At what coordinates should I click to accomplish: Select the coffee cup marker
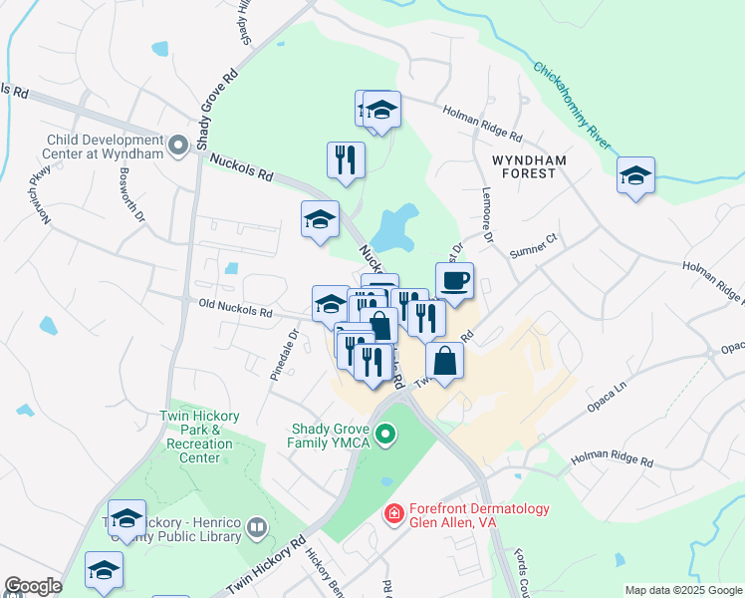point(454,282)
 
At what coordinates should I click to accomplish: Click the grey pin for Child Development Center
point(178,147)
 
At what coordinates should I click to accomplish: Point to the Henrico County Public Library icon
point(257,525)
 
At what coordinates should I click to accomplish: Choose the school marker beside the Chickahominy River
point(635,176)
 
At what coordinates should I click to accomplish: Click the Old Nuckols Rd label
point(235,312)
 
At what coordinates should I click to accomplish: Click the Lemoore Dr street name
point(488,218)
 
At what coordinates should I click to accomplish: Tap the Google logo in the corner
point(33,586)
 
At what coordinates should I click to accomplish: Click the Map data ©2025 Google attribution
point(682,590)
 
